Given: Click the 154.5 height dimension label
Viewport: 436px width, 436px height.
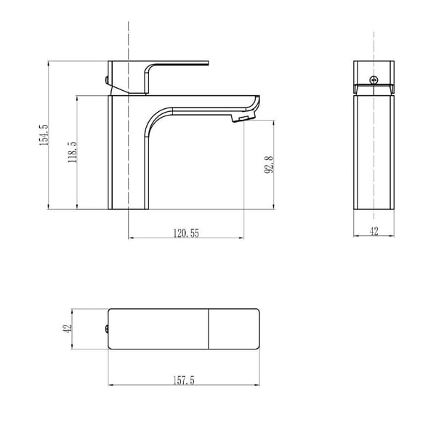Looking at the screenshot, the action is pyautogui.click(x=44, y=135).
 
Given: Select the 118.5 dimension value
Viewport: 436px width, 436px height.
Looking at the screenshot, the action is pyautogui.click(x=73, y=152).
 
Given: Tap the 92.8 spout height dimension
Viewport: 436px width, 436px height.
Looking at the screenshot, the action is pyautogui.click(x=269, y=165).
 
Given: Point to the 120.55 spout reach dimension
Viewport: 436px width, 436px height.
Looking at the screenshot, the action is pyautogui.click(x=186, y=233).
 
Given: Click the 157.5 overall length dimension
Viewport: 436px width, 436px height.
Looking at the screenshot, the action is pyautogui.click(x=184, y=380).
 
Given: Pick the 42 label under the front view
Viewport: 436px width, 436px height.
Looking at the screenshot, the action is pyautogui.click(x=374, y=231).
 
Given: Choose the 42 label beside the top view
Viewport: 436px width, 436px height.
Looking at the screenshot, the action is pyautogui.click(x=68, y=328).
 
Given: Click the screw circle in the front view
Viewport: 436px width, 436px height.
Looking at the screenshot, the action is pyautogui.click(x=374, y=80).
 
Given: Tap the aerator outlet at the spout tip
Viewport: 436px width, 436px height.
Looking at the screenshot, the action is pyautogui.click(x=243, y=118).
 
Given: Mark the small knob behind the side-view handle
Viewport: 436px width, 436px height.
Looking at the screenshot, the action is pyautogui.click(x=107, y=80).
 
